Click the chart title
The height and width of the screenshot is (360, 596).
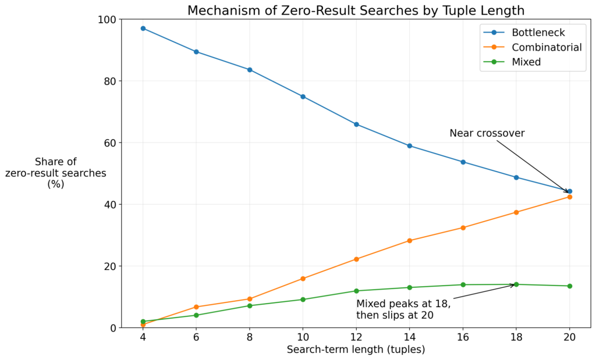coord(356,10)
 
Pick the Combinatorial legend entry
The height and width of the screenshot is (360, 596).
coord(533,47)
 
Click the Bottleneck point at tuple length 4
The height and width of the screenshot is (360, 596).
coord(143,28)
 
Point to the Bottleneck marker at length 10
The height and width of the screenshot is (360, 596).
coord(303,97)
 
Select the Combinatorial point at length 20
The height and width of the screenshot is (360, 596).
coord(569,197)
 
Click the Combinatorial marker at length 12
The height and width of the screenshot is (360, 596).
coord(356,259)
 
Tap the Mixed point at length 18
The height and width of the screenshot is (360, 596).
coord(516,284)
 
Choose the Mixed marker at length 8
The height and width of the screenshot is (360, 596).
coord(250,306)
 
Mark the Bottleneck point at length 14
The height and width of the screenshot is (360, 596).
coord(409,146)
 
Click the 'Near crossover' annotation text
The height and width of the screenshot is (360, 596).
coord(487,133)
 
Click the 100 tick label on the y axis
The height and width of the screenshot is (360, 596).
coord(108,19)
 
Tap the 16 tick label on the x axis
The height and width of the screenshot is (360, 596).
coord(463,337)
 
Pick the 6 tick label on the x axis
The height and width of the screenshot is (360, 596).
coord(196,337)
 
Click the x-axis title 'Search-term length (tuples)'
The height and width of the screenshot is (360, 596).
coord(356,350)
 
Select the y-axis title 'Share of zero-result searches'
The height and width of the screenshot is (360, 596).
coord(55,173)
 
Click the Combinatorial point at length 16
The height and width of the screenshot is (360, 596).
coord(463,228)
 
